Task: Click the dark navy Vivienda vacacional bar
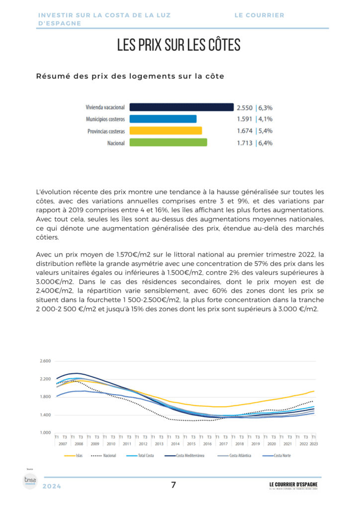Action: [x=181, y=107]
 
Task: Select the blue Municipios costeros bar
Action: [x=163, y=119]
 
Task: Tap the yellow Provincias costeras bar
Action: [x=166, y=131]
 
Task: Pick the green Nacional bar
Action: [x=168, y=143]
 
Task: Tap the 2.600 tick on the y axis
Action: [x=45, y=361]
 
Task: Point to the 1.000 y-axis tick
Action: [x=45, y=432]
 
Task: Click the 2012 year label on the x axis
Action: [x=143, y=443]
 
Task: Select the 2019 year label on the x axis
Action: [x=256, y=443]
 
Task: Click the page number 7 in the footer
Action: [x=173, y=485]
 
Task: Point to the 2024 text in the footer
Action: [x=52, y=487]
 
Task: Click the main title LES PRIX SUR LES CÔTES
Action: [x=179, y=45]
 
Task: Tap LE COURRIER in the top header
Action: [x=260, y=15]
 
